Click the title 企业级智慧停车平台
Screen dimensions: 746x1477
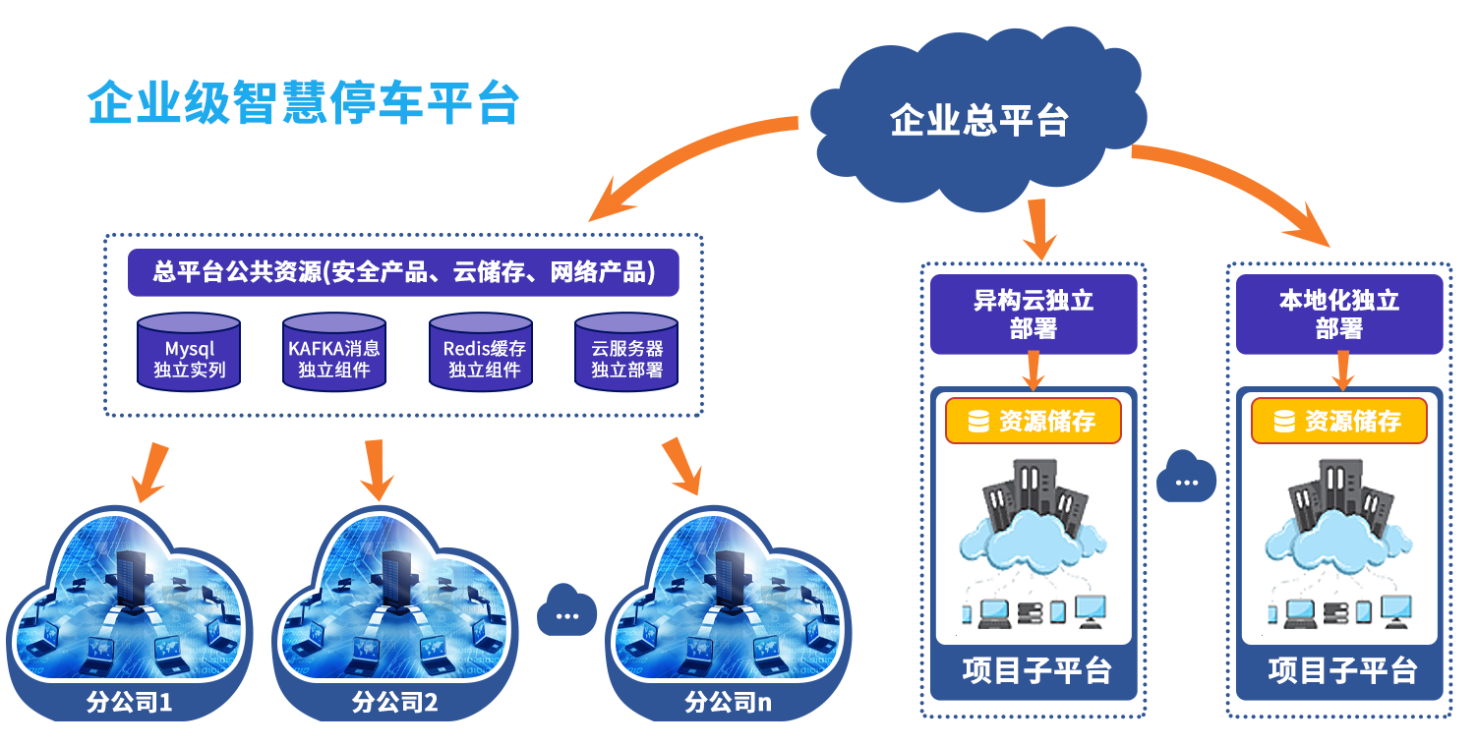(303, 102)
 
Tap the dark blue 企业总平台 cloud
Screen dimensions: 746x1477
(978, 121)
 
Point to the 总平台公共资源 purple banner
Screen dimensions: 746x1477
(403, 272)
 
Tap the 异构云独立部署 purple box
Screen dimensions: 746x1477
(1034, 314)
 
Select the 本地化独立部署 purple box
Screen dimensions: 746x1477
(1339, 314)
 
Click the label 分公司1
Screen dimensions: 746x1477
(130, 703)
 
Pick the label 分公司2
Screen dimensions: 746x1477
(394, 703)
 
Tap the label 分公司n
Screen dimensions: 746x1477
(728, 703)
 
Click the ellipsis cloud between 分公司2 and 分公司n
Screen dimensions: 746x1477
(567, 612)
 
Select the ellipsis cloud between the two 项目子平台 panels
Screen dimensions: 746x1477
(1187, 480)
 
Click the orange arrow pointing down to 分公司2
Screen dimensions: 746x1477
(376, 470)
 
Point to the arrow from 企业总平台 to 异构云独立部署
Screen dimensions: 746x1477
(1038, 226)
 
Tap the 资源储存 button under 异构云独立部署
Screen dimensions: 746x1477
(1034, 422)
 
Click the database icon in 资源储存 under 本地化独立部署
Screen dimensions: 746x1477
(1284, 422)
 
